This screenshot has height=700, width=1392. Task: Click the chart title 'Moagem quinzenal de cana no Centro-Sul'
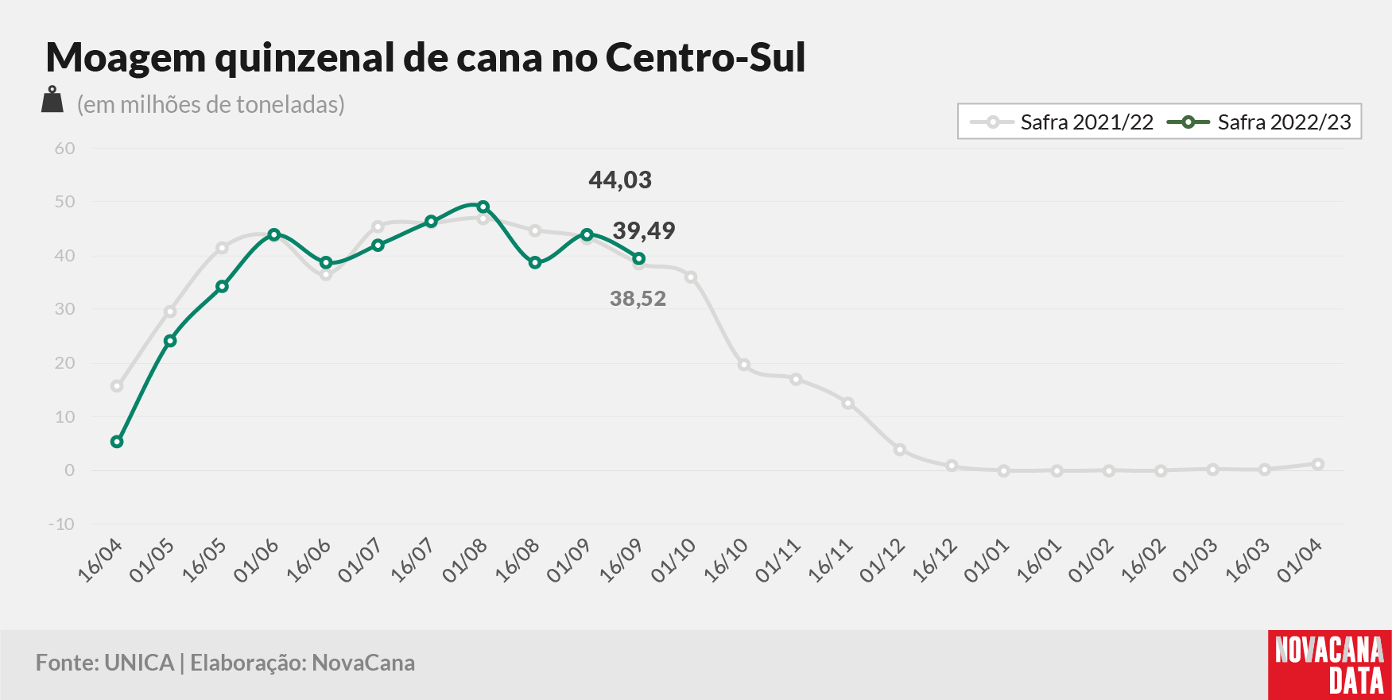426,58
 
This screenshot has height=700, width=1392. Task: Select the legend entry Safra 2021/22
1061,122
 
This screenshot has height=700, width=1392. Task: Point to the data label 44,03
620,180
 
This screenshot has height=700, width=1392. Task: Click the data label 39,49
644,231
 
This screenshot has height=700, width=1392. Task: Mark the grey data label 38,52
638,299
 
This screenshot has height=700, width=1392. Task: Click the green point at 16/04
117,442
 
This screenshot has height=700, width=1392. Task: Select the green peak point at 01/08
483,207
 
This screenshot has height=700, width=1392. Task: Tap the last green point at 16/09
638,258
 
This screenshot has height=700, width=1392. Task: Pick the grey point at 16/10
743,365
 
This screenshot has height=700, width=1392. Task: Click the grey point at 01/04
1317,464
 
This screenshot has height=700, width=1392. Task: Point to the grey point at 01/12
900,450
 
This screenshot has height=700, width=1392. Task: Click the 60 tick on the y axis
65,149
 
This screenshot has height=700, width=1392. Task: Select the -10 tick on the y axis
62,524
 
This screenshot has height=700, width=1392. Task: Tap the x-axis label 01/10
673,560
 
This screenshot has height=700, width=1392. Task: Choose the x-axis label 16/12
934,560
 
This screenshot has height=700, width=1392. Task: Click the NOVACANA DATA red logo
1330,665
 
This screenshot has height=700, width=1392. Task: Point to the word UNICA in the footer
139,663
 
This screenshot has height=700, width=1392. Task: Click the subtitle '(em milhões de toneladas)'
211,104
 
